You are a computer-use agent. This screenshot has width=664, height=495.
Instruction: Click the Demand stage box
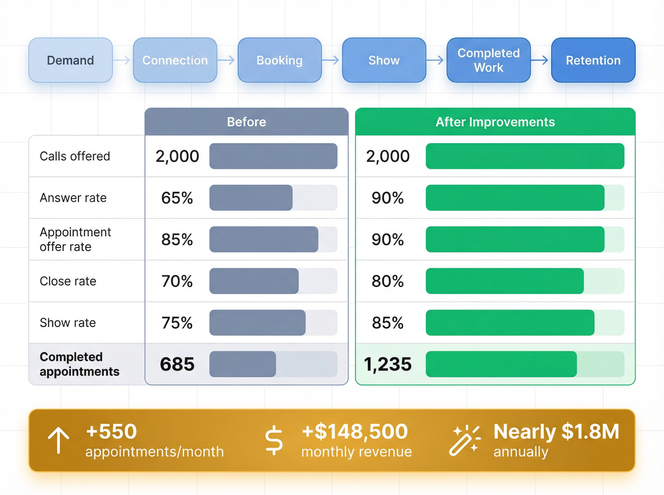click(x=71, y=60)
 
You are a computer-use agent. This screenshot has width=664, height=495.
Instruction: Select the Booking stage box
click(x=280, y=60)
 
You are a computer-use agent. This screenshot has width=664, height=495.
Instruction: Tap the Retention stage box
click(x=593, y=60)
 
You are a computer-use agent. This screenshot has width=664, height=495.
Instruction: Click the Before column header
click(x=246, y=122)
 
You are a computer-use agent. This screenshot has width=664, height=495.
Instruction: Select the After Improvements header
click(x=495, y=122)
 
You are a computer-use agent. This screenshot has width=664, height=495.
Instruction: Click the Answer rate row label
click(x=73, y=198)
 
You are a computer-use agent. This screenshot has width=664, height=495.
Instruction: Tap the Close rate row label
click(x=68, y=281)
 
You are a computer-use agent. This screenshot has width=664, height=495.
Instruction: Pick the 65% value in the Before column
click(x=177, y=198)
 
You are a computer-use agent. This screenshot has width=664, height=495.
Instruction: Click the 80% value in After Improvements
click(x=388, y=281)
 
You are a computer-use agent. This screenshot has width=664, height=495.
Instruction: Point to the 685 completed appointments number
click(x=177, y=364)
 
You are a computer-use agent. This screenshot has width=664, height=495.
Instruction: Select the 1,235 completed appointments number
click(x=388, y=364)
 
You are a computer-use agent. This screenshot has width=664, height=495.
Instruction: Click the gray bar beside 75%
click(x=258, y=323)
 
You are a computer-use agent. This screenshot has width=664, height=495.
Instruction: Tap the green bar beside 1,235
click(x=501, y=364)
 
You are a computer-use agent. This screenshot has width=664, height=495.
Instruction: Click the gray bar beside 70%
click(x=254, y=281)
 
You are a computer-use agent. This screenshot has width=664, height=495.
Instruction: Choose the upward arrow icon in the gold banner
click(x=58, y=440)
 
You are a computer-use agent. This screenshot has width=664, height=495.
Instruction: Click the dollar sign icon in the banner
click(x=274, y=440)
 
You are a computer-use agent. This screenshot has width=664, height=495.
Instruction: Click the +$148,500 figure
click(x=355, y=431)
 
